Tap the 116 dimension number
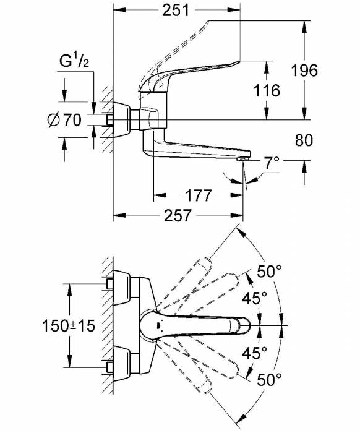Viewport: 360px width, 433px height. point(267,90)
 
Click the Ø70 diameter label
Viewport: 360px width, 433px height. point(64,121)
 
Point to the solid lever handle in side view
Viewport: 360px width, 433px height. point(198,70)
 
